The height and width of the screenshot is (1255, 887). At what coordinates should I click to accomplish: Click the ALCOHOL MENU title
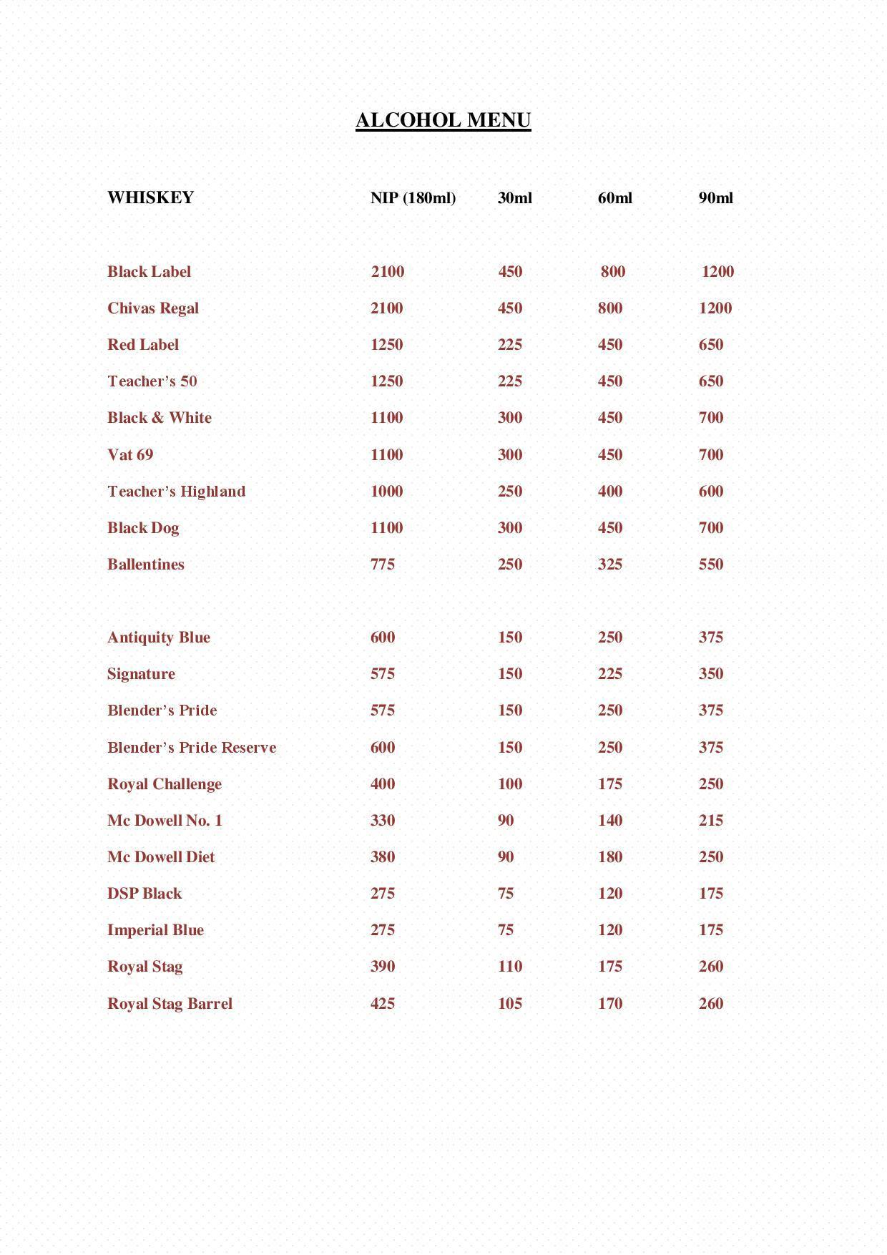coord(443,120)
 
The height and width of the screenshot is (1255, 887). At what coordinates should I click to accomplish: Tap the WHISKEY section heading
coord(150,197)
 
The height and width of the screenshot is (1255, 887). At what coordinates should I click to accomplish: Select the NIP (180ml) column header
coord(413,198)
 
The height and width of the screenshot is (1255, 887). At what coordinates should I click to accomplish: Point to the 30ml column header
coord(514,198)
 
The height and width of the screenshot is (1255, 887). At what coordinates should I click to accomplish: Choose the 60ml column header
coord(614,198)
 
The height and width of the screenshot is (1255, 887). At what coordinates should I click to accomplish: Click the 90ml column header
coord(715,198)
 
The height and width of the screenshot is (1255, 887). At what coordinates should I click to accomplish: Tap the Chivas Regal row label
coord(153,308)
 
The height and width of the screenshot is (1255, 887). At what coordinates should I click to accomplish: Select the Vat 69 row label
coord(130,455)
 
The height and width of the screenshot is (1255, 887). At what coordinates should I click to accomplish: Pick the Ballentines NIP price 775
coord(383,565)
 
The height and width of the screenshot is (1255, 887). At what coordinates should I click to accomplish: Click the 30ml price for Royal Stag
coord(510,967)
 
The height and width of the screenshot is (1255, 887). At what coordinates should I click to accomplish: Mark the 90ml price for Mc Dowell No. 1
coord(710,821)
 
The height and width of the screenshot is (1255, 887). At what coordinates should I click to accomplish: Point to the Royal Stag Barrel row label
coord(170,1004)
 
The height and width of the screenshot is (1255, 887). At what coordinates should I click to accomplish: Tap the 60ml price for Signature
coord(609,674)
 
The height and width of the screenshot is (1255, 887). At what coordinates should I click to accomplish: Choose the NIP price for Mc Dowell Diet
coord(383,857)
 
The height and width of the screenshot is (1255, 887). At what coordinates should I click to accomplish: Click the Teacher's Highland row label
coord(176,492)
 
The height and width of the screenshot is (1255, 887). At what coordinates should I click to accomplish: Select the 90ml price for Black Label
coord(717,272)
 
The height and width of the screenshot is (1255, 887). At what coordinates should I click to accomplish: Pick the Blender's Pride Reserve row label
coord(192,748)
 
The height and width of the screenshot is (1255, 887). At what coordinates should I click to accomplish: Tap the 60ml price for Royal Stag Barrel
coord(609,1004)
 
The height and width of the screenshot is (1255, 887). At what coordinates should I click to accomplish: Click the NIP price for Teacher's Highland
coord(386,492)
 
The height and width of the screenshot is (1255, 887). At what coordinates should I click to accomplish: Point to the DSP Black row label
coord(144,894)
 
